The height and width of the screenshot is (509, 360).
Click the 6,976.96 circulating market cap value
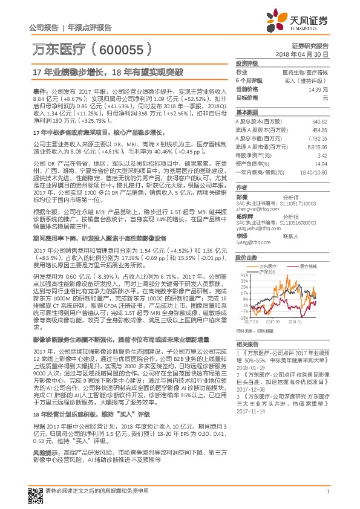317,147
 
